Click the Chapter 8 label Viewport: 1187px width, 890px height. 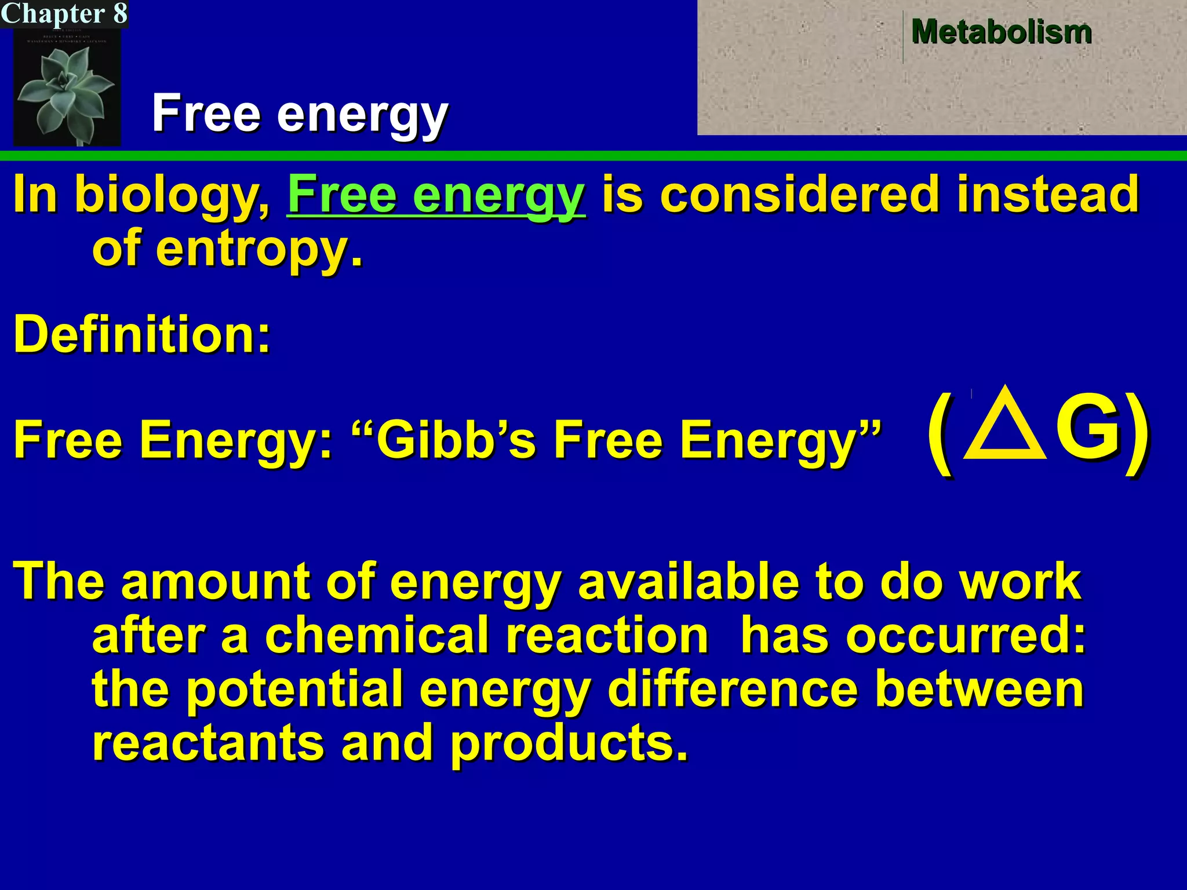pos(64,13)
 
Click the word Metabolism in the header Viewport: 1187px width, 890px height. pos(1001,32)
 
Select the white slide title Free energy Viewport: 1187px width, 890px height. pos(300,114)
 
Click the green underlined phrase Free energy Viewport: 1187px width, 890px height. pos(436,196)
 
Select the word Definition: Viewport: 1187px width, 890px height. pos(142,334)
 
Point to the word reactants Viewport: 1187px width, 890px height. pos(208,743)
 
